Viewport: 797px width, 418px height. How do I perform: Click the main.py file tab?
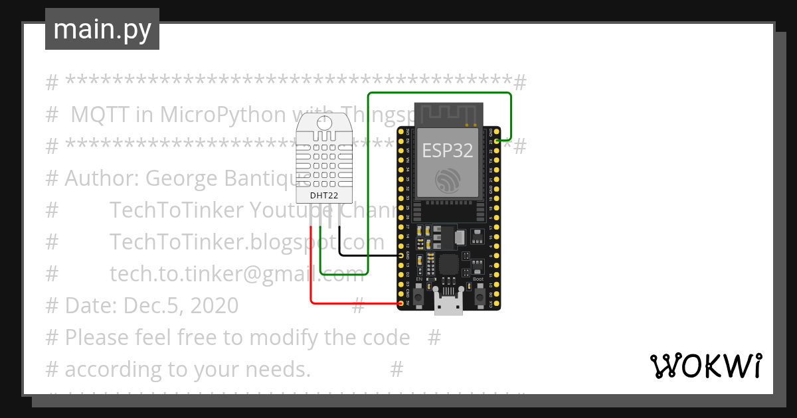pyautogui.click(x=102, y=29)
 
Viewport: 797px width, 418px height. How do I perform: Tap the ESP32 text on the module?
pyautogui.click(x=448, y=151)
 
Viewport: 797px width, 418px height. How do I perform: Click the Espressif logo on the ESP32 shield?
pyautogui.click(x=448, y=180)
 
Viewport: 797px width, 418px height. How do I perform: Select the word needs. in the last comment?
pyautogui.click(x=280, y=369)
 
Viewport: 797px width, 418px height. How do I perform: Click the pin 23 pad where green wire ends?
pyautogui.click(x=497, y=141)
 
